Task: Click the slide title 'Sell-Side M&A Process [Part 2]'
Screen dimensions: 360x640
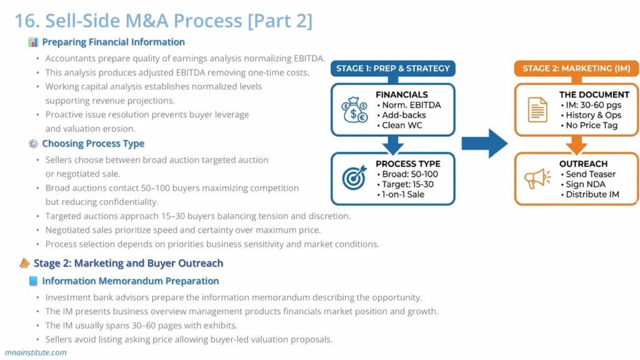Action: coord(164,21)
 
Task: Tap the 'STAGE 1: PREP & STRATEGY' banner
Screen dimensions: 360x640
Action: coord(393,68)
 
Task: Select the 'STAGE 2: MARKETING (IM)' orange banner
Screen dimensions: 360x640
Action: coord(576,68)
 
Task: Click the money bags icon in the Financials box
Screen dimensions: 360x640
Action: coord(354,110)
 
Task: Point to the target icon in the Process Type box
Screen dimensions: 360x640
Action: coord(354,179)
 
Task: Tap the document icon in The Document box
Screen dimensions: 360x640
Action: coord(537,110)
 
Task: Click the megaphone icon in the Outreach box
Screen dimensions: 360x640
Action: coord(537,179)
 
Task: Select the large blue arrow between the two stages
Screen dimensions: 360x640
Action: coord(485,144)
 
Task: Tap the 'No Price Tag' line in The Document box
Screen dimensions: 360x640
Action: coord(591,125)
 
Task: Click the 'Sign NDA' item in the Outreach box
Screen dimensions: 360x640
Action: coord(586,184)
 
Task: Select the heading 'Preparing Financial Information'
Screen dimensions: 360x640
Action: coord(113,42)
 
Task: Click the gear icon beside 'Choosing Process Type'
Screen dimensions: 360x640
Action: coord(33,144)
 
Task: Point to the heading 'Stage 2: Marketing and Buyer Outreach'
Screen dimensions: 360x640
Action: coord(128,263)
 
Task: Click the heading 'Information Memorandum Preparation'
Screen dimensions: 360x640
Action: coord(130,281)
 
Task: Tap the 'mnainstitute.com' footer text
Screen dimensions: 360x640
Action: coord(36,352)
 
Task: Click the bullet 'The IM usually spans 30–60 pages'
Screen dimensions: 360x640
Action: coord(141,326)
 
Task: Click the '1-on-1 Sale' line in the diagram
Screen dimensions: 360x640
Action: coord(404,194)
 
